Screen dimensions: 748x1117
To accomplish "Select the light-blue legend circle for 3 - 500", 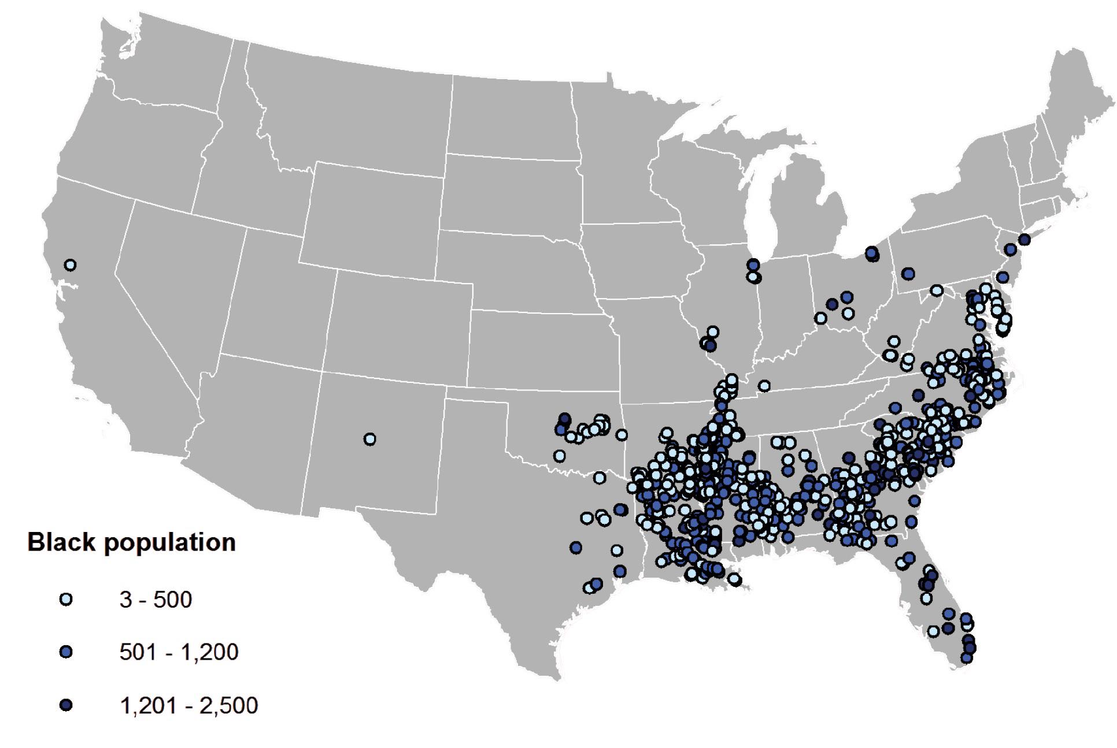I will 66,600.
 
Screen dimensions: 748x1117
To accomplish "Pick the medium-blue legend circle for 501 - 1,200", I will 66,652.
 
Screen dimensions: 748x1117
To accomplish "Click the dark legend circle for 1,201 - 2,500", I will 66,705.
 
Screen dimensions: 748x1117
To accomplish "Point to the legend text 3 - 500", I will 156,600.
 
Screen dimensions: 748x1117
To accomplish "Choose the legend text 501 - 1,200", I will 179,652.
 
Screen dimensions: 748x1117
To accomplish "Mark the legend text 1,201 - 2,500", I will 188,705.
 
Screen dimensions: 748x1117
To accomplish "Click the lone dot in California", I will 70,265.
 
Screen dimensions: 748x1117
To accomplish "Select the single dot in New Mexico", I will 370,440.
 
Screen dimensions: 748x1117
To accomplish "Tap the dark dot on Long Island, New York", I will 1024,239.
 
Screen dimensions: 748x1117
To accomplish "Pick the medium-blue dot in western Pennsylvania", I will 908,273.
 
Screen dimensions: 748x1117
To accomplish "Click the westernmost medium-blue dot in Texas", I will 575,547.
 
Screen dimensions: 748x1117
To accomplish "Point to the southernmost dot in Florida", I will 966,657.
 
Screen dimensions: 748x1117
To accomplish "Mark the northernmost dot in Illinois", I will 753,265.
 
